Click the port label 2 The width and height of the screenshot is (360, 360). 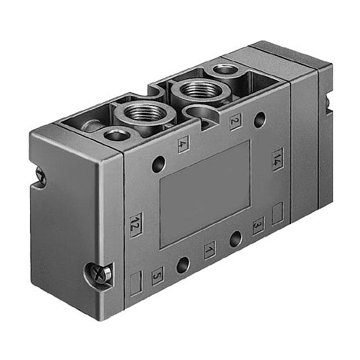[x=236, y=121]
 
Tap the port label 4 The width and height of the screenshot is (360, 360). [x=184, y=144]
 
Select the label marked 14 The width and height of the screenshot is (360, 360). [x=278, y=160]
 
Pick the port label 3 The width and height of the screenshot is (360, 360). [x=258, y=226]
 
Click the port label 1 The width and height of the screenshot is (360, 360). [x=210, y=250]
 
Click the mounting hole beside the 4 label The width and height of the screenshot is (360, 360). [x=159, y=164]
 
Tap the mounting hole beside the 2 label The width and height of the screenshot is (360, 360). [x=260, y=120]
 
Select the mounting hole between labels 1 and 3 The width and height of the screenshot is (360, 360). [x=236, y=239]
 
